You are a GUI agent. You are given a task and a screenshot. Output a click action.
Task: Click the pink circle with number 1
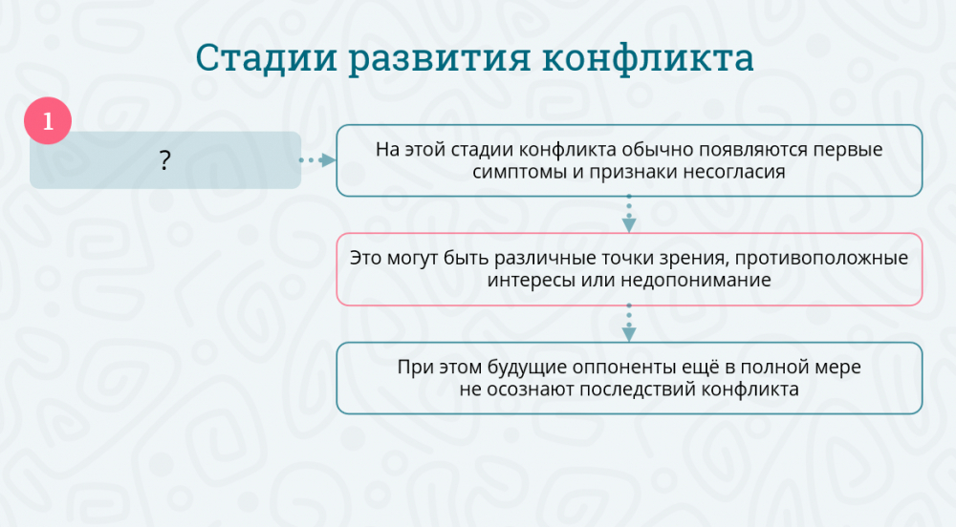(48, 120)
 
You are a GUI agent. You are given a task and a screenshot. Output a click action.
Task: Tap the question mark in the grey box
(164, 160)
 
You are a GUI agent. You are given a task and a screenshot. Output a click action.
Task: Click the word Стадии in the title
(267, 58)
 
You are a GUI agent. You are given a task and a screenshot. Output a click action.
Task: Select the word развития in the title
(440, 59)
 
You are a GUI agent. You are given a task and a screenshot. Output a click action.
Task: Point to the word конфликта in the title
(648, 58)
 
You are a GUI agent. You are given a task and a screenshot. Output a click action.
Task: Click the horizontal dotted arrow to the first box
(317, 160)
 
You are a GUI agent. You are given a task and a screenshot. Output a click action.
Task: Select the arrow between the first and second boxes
(629, 214)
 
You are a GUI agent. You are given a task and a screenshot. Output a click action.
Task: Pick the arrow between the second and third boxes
(629, 323)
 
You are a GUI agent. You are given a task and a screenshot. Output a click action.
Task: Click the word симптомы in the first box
(520, 172)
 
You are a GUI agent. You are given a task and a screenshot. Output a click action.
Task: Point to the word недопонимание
(696, 281)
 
